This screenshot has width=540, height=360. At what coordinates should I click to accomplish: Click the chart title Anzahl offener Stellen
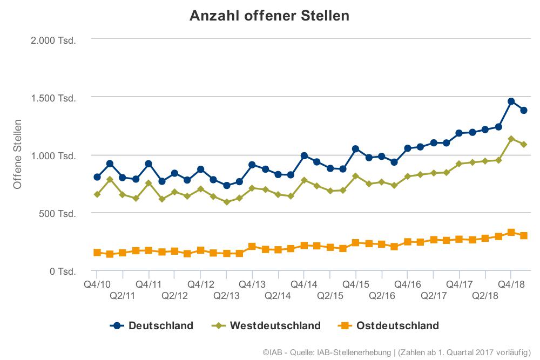click(269, 16)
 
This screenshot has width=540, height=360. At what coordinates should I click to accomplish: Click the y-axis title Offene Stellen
click(17, 155)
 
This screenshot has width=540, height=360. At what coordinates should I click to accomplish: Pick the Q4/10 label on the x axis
click(97, 284)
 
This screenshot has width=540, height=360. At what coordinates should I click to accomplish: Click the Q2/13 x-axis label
click(226, 296)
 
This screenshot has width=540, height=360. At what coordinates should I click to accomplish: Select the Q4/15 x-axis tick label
click(356, 284)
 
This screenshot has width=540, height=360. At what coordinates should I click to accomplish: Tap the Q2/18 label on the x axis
click(485, 296)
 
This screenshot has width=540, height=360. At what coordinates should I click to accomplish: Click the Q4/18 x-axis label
click(511, 284)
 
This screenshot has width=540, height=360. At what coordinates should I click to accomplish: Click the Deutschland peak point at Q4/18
click(511, 101)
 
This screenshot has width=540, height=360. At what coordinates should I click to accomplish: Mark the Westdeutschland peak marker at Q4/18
click(511, 139)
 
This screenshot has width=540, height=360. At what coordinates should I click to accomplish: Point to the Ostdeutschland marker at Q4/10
click(97, 253)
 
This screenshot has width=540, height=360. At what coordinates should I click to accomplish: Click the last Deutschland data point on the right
click(524, 110)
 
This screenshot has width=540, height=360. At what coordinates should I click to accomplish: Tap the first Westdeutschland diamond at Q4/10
click(97, 194)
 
